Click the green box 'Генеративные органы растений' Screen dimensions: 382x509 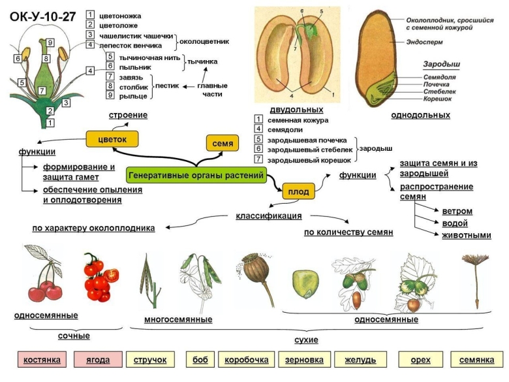tap(196, 175)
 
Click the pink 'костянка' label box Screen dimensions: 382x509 tap(42, 360)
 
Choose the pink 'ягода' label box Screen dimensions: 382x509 tap(98, 360)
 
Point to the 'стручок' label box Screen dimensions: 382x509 tap(150, 360)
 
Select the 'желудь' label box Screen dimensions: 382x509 tap(356, 360)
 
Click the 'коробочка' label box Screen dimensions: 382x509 tap(247, 360)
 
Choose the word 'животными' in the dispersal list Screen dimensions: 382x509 tap(467, 235)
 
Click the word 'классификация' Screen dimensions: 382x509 tap(268, 215)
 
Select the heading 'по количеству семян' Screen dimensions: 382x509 tap(348, 232)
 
